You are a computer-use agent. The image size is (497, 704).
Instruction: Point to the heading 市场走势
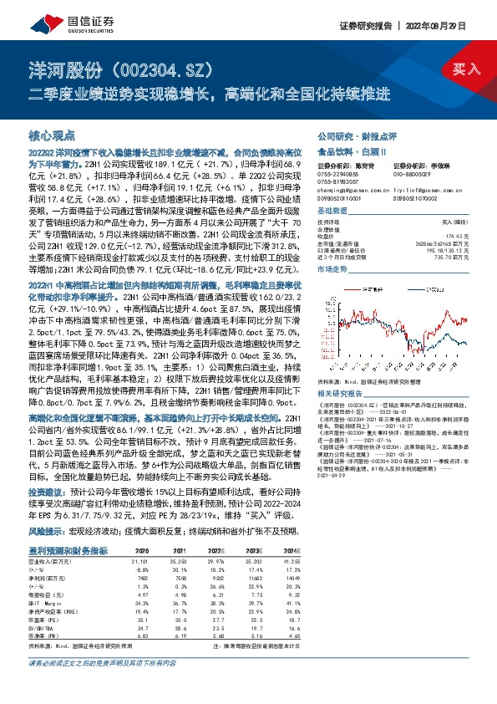(332, 270)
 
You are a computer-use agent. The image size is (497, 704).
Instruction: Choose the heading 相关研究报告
(338, 391)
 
